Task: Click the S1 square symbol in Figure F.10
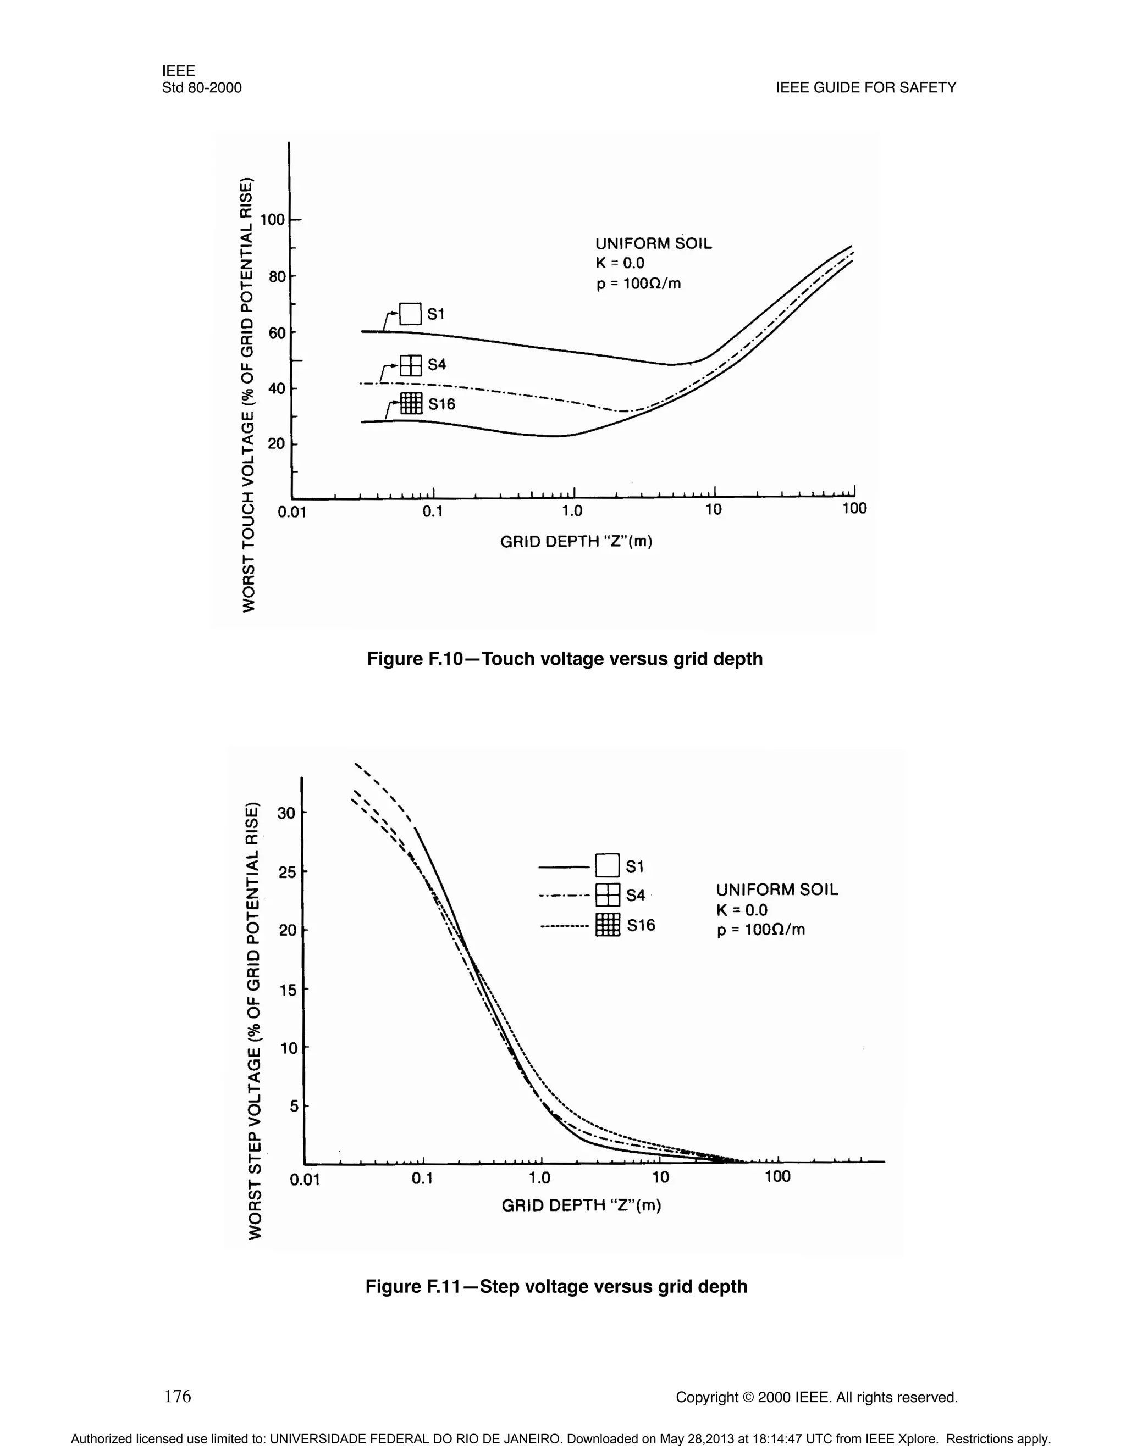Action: (x=410, y=313)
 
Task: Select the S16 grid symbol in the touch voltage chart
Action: (x=412, y=403)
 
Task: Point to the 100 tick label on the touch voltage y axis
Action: (x=272, y=219)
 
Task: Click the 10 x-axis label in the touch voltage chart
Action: (x=713, y=510)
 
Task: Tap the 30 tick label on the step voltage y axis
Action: (x=286, y=813)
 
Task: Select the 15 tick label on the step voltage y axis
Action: (x=288, y=990)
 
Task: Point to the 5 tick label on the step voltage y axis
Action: (x=293, y=1107)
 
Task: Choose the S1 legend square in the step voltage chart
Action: (x=608, y=865)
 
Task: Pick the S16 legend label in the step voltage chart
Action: (x=641, y=925)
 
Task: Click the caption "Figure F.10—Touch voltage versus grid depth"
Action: (x=564, y=659)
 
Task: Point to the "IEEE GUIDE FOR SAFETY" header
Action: (x=866, y=88)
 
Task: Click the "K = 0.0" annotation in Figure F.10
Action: (x=620, y=263)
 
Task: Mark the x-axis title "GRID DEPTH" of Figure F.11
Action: (x=581, y=1205)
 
